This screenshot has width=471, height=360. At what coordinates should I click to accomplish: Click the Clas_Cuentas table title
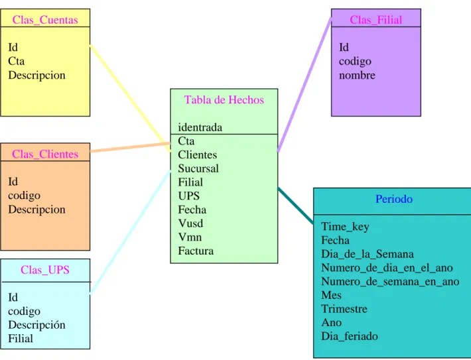45,20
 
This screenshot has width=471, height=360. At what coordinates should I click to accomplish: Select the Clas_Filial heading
375,20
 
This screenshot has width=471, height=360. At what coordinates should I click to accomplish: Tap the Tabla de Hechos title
224,99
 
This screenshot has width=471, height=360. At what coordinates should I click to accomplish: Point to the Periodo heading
394,199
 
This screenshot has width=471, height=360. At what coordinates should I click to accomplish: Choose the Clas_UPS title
45,270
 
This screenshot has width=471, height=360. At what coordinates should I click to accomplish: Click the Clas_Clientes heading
45,154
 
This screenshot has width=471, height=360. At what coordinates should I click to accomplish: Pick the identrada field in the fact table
200,127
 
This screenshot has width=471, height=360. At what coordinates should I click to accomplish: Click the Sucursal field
198,168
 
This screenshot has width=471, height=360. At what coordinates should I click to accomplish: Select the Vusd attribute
190,223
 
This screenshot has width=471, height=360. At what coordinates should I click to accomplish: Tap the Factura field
196,251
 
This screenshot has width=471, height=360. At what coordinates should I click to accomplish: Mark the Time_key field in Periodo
345,227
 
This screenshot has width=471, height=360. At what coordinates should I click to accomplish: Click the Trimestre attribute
344,309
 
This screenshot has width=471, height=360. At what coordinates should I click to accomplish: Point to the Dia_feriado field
350,336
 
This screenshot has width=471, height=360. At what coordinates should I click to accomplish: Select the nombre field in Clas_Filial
357,75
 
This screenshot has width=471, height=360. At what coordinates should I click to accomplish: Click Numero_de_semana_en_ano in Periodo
390,282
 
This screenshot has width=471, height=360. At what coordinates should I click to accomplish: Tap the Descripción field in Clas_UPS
36,325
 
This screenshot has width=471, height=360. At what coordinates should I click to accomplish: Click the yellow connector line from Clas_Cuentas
131,98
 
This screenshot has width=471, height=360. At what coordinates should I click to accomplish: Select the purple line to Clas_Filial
304,85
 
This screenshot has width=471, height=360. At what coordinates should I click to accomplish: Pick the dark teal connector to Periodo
296,206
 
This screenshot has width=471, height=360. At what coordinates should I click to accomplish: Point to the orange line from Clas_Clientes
130,147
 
